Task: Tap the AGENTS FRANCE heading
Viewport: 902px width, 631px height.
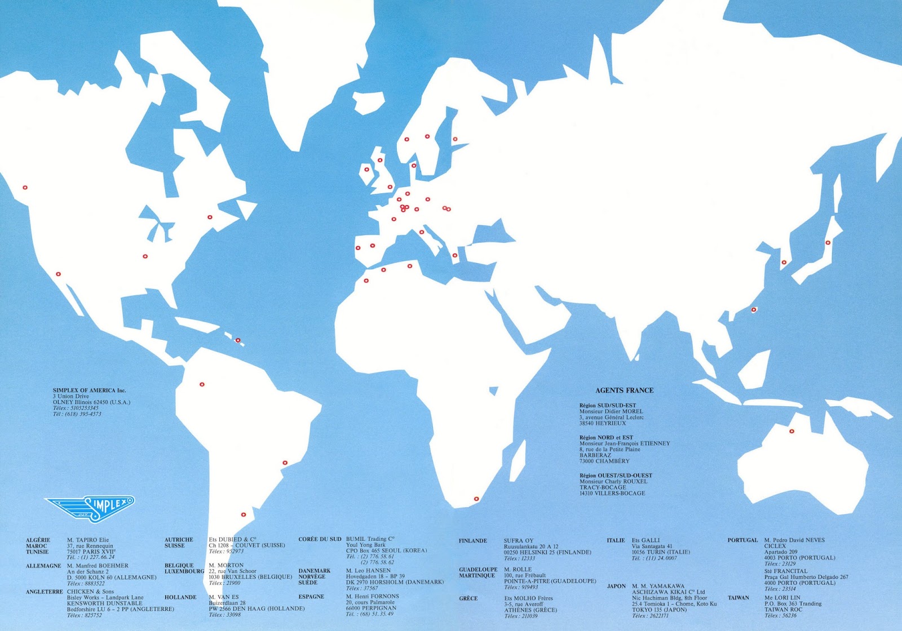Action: coord(624,390)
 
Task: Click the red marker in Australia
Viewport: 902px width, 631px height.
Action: coord(792,432)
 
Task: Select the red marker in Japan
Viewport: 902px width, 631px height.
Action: coord(828,243)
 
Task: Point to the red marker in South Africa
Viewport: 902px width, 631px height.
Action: coord(476,499)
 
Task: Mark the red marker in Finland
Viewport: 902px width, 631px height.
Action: coord(455,139)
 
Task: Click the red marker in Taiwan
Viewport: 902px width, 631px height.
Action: coord(754,310)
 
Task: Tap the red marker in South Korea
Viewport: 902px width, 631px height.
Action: coord(783,263)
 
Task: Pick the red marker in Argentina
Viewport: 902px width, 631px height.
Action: coord(244,514)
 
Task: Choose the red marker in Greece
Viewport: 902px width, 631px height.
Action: coord(454,256)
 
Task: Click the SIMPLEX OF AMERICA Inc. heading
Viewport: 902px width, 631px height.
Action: coord(90,390)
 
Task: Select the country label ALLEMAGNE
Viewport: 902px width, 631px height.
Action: coord(43,566)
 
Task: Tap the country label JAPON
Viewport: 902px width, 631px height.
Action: coord(616,586)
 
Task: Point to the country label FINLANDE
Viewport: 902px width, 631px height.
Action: coord(473,541)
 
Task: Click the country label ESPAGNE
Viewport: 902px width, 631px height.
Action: coord(311,597)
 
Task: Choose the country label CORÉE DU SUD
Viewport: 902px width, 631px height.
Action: coord(320,539)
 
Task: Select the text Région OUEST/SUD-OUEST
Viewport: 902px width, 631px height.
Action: coord(616,476)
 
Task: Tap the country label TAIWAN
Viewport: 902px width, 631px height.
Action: coord(738,598)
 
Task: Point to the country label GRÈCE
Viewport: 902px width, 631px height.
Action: coord(468,598)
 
